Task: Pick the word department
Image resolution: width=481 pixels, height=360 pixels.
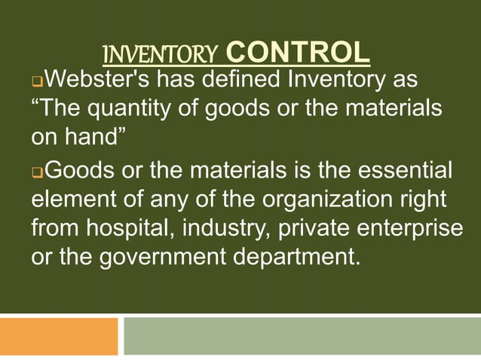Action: (x=304, y=257)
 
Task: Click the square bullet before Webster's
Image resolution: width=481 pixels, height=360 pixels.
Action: (x=36, y=81)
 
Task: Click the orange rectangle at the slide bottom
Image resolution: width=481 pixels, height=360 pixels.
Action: (x=59, y=336)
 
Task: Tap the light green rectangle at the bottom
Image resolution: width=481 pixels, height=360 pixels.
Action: (x=302, y=336)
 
